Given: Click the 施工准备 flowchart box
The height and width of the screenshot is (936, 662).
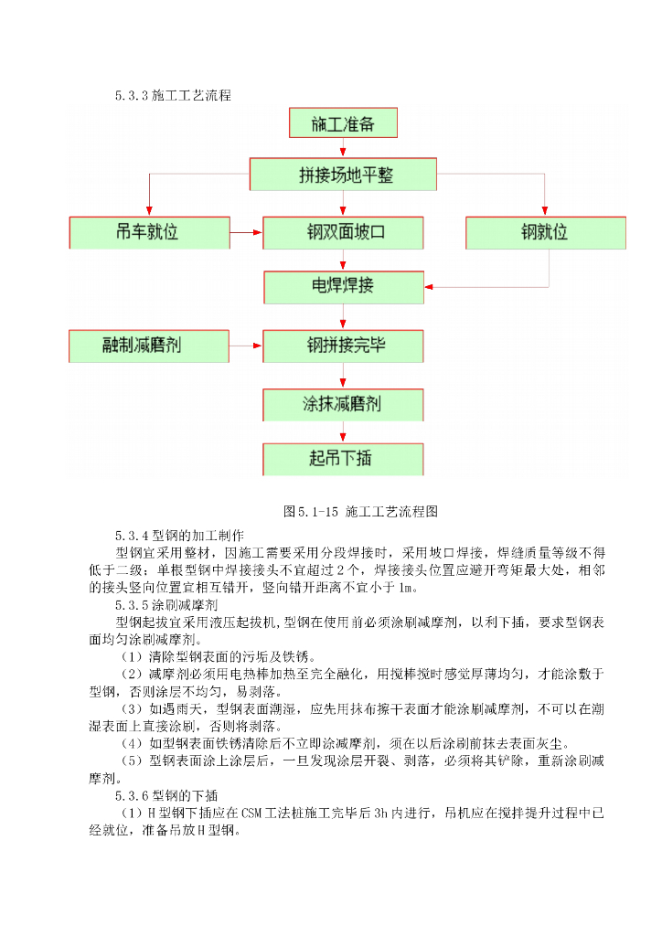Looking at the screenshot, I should pos(343,123).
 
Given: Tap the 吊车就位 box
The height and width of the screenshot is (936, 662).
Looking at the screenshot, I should pos(147,232).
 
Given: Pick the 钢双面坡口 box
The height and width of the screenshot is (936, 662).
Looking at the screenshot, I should pos(343,232).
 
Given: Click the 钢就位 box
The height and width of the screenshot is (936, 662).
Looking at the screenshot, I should pos(546,232).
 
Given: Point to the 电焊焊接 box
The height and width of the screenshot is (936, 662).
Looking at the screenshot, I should pos(343,286).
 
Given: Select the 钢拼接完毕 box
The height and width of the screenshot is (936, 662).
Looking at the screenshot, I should pos(343,346).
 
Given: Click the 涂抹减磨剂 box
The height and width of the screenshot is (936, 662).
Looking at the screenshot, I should pos(343,403).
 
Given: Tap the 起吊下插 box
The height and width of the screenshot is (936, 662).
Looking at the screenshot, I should pos(343,458).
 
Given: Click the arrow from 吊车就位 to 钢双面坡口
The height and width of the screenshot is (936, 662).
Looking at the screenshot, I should pos(245,232).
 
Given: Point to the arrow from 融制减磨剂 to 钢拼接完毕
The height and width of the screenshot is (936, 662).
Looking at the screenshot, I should pos(245,346).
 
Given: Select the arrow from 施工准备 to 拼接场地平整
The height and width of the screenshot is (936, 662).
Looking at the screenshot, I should pos(343,148).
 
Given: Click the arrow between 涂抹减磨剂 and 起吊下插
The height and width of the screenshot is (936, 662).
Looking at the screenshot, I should pos(343,431).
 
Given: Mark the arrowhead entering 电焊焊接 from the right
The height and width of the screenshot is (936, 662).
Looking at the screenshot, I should pos(432,286).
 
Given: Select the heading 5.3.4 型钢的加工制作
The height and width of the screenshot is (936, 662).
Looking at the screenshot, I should pos(179,535).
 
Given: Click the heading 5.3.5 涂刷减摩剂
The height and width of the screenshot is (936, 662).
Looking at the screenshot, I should pos(166,604).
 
